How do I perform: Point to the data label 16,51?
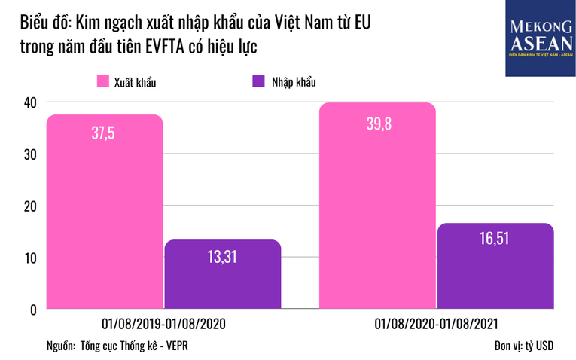pos(495,240)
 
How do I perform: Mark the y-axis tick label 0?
pos(32,310)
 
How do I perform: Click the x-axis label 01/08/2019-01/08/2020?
pos(163,323)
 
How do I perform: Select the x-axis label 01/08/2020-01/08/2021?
pos(437,323)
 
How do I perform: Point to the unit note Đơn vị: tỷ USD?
pos(520,346)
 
